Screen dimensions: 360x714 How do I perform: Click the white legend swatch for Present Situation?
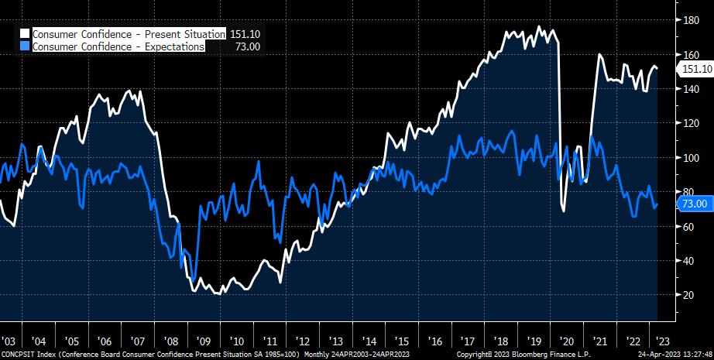pos(25,35)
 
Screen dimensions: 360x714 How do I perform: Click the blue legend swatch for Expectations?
pos(25,46)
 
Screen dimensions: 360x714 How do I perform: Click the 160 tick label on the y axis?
pos(688,55)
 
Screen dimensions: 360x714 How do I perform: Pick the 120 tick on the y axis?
pos(688,123)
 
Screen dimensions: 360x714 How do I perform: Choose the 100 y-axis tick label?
pos(688,157)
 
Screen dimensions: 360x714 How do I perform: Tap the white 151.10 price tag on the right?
pos(695,69)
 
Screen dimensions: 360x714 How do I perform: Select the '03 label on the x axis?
pos(9,341)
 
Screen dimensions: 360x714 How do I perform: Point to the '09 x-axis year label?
pos(204,341)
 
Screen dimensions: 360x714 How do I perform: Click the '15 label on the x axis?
pos(400,341)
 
